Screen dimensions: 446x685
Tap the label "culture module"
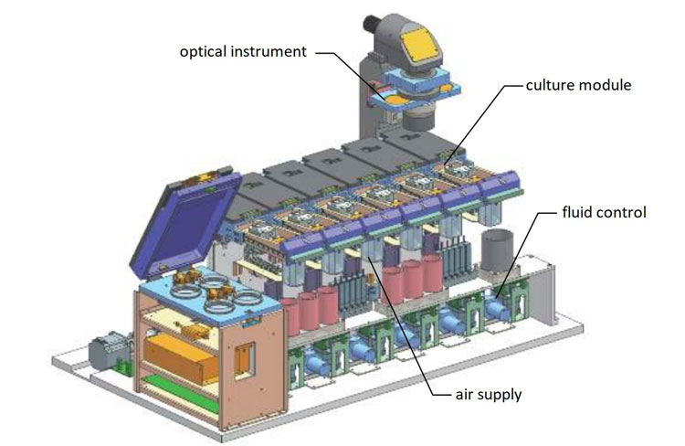[x=579, y=86]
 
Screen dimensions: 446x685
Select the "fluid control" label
[x=604, y=213]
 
